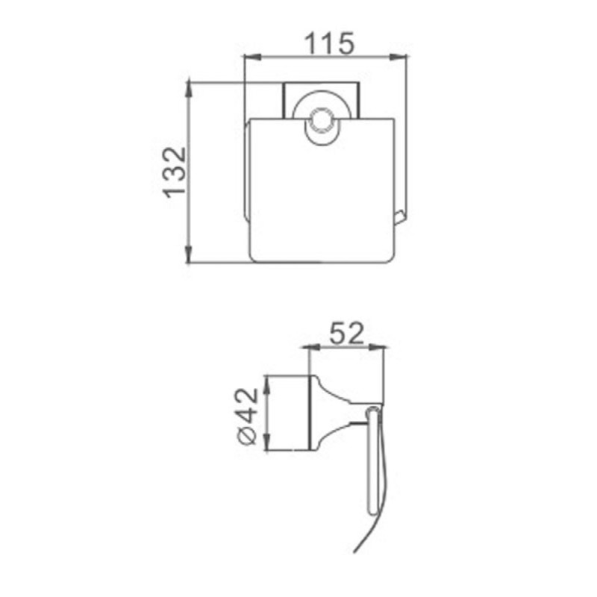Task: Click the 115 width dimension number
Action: click(330, 43)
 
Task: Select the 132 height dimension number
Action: click(175, 172)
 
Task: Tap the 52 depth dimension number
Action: click(346, 333)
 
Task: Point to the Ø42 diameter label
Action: click(248, 416)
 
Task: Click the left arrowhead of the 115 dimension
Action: click(252, 57)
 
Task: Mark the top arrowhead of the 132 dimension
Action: click(188, 90)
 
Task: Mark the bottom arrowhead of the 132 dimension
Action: click(188, 254)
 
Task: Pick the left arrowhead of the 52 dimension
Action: click(310, 347)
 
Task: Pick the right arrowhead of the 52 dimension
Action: click(376, 347)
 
